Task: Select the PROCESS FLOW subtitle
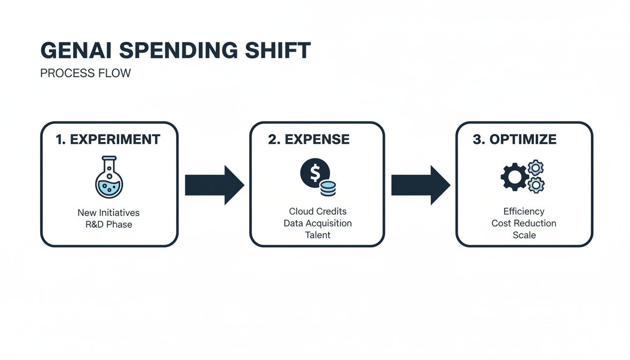(85, 74)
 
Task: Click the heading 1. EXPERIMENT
(108, 139)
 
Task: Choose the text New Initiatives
(108, 213)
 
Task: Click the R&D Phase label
(108, 225)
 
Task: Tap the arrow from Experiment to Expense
(214, 185)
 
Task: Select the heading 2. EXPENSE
(309, 139)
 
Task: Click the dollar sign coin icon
(315, 173)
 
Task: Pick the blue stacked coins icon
(328, 189)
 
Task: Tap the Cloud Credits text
(318, 211)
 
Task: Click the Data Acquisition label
(318, 223)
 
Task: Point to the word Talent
(318, 235)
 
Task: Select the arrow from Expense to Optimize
(420, 185)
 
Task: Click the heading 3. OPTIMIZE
(515, 139)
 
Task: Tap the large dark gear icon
(514, 177)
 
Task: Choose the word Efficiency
(524, 211)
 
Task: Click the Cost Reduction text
(524, 223)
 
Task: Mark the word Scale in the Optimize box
(524, 235)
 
